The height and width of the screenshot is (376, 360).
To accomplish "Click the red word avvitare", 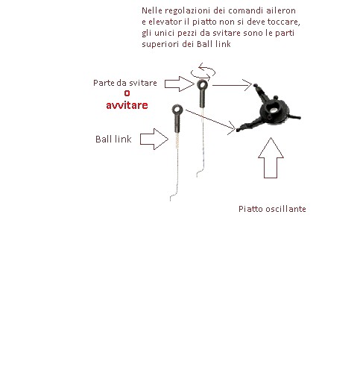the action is (127, 105).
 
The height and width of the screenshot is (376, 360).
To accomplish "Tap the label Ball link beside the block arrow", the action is (113, 140).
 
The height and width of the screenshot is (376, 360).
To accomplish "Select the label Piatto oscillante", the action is (272, 209).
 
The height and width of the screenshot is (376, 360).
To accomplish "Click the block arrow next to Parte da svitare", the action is (180, 84).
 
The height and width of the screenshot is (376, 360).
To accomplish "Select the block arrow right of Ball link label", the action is (154, 139).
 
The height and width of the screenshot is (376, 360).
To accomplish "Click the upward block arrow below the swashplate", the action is (271, 157).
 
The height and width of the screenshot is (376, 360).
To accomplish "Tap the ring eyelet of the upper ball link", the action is (202, 81).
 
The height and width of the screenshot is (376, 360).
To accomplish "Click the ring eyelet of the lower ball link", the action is (177, 106).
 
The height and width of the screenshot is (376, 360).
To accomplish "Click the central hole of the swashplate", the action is (274, 108).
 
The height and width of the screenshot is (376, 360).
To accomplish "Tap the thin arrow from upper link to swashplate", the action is (233, 85).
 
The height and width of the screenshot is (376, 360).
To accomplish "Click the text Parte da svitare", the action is (125, 83).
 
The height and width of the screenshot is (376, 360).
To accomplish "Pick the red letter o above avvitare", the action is (127, 93).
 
